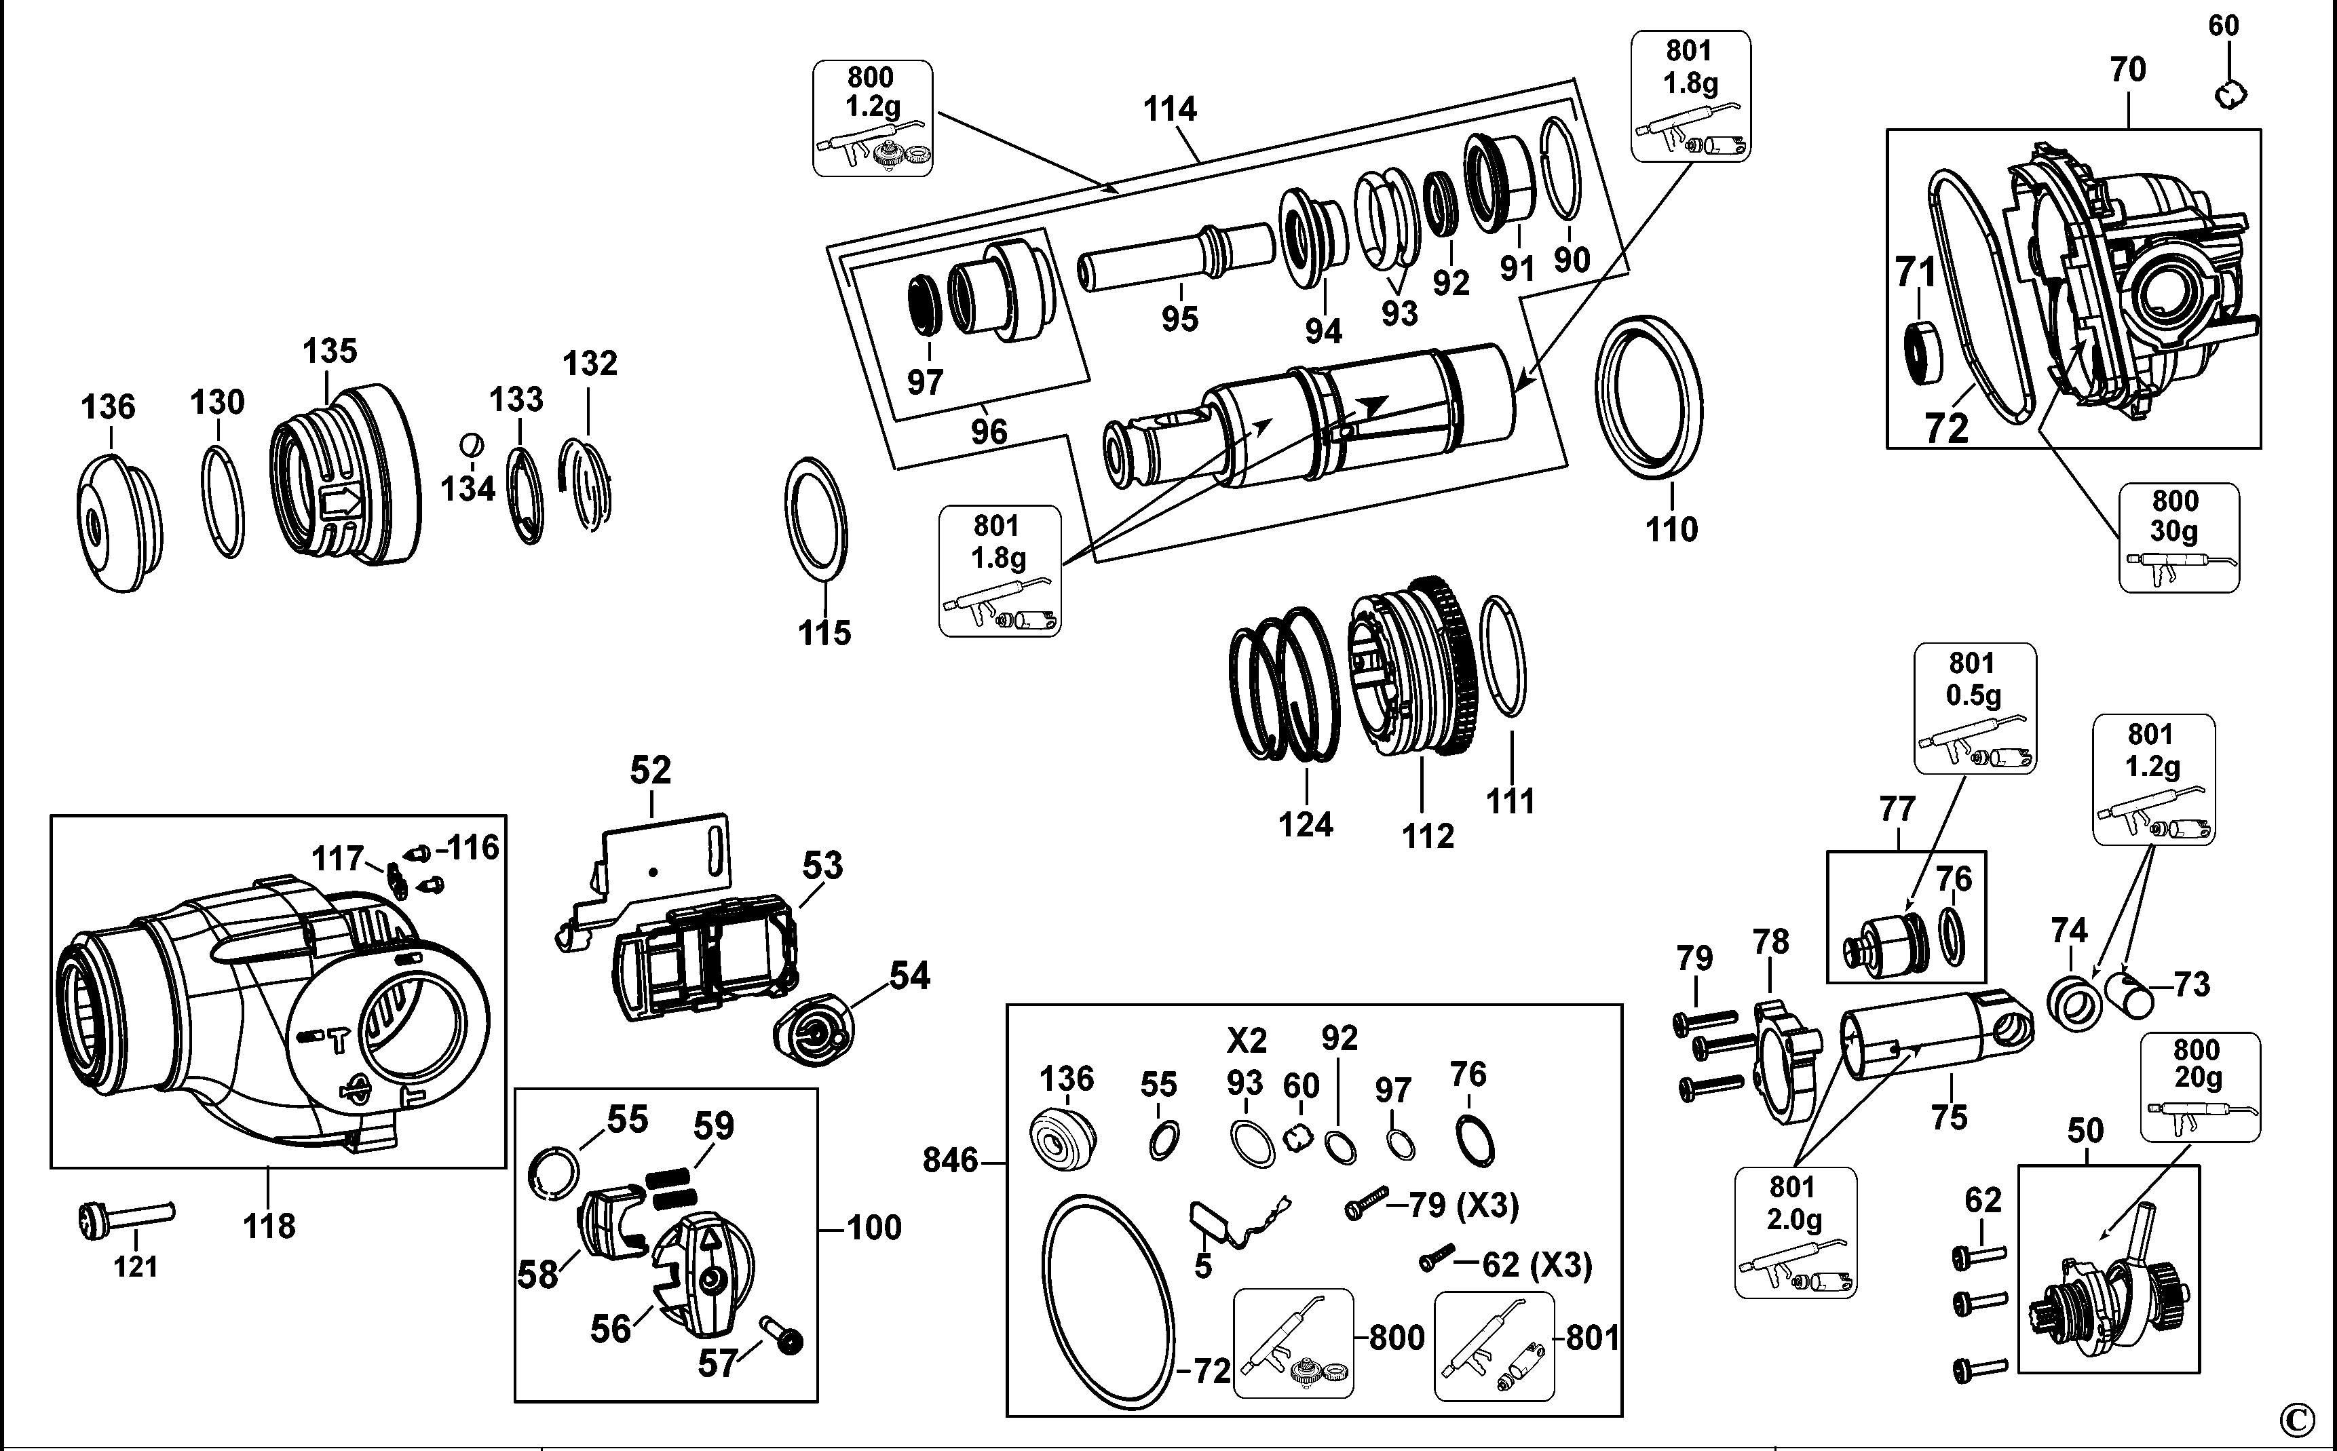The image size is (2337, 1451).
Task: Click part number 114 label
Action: point(1169,109)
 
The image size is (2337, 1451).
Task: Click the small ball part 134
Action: point(471,445)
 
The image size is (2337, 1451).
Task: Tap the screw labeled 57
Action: point(782,1336)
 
